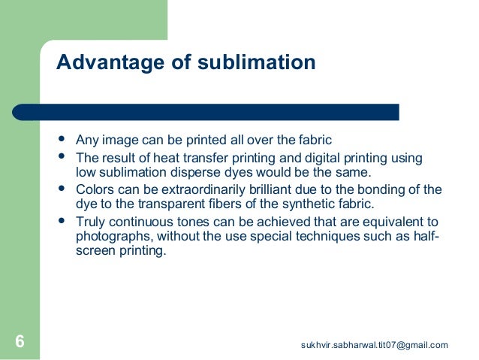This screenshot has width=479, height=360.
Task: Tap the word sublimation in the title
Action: [256, 62]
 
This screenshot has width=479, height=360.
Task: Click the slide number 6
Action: [20, 343]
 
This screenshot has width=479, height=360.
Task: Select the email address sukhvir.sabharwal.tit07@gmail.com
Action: [374, 345]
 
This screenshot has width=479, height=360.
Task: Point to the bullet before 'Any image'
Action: [61, 139]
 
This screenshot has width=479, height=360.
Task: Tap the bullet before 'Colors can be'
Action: [61, 189]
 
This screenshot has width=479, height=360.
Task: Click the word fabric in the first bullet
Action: [315, 140]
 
